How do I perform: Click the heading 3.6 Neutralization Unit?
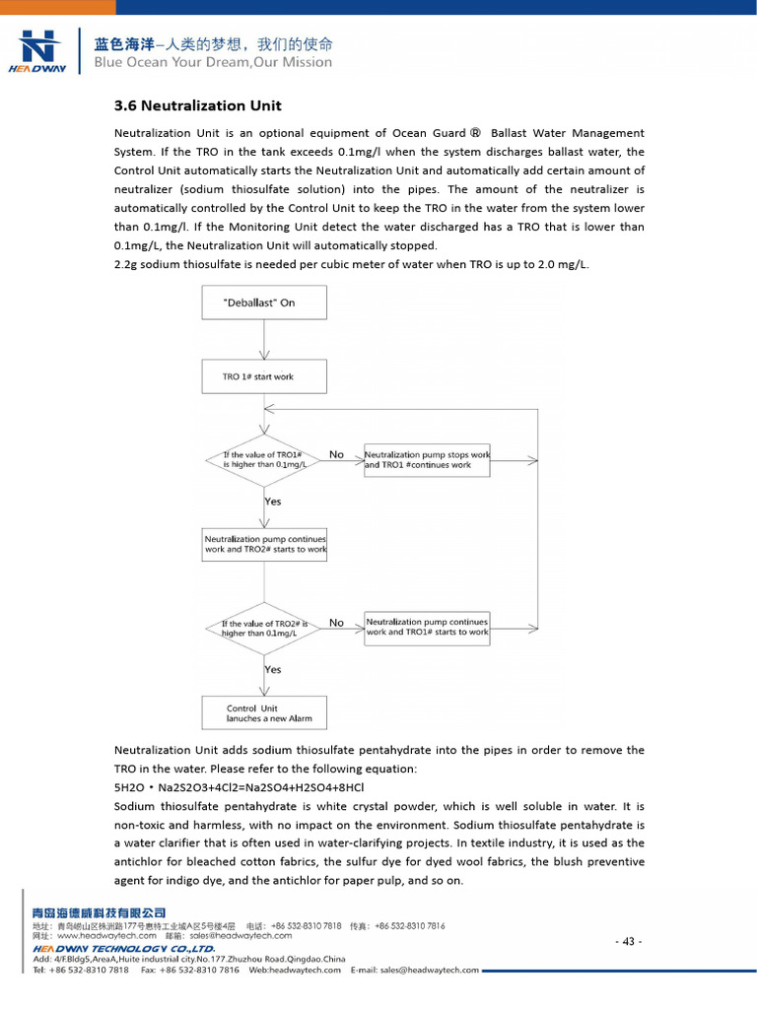tap(198, 105)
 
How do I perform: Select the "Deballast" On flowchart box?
tap(263, 303)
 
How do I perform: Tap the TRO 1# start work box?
tap(263, 376)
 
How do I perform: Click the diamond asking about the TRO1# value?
tap(263, 459)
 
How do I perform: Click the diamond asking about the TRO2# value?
tap(263, 629)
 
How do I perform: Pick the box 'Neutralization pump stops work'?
tap(427, 460)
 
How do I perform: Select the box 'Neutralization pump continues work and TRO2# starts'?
tap(264, 545)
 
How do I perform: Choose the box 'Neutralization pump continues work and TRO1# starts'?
tap(427, 628)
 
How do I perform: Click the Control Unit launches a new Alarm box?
tap(263, 713)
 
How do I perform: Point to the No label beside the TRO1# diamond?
tap(336, 454)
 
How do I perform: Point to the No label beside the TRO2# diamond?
tap(336, 623)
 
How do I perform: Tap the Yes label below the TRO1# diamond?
tap(273, 502)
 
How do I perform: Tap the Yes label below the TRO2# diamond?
tap(273, 670)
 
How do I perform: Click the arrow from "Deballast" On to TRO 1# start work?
tap(263, 340)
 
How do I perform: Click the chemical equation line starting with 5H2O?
tap(240, 787)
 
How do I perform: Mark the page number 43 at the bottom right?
tap(628, 941)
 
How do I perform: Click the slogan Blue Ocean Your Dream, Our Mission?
tap(213, 62)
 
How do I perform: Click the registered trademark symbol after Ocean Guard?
tap(475, 133)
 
